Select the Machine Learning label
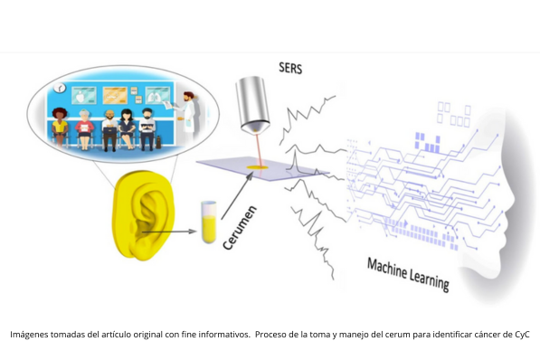point(407,273)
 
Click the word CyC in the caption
point(520,335)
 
